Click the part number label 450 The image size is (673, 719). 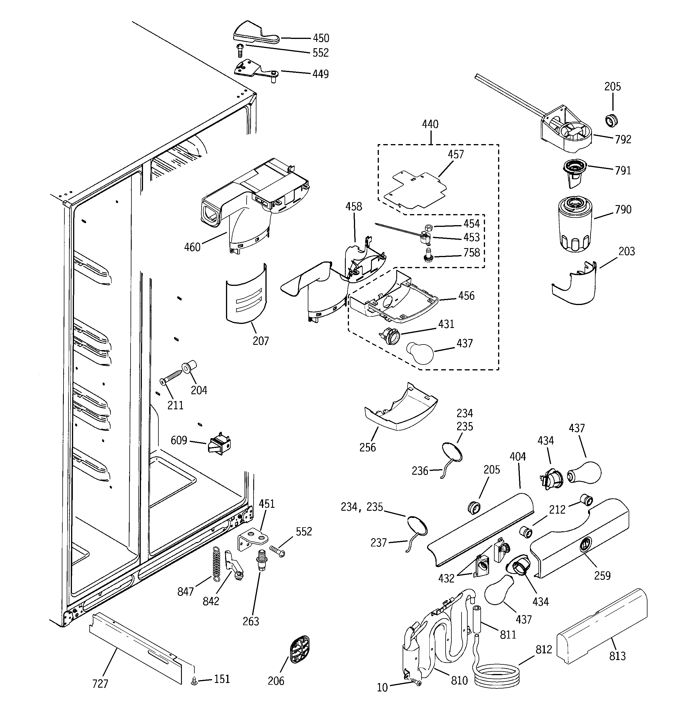click(x=321, y=38)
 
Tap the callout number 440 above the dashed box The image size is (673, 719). click(x=430, y=124)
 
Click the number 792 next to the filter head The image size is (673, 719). click(x=623, y=139)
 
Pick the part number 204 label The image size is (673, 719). click(x=199, y=390)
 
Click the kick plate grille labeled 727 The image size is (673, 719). click(x=135, y=640)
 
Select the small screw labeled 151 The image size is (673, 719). click(x=194, y=681)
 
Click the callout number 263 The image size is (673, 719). click(x=251, y=621)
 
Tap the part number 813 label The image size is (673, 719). click(x=617, y=656)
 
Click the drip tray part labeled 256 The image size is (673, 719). click(x=401, y=410)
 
